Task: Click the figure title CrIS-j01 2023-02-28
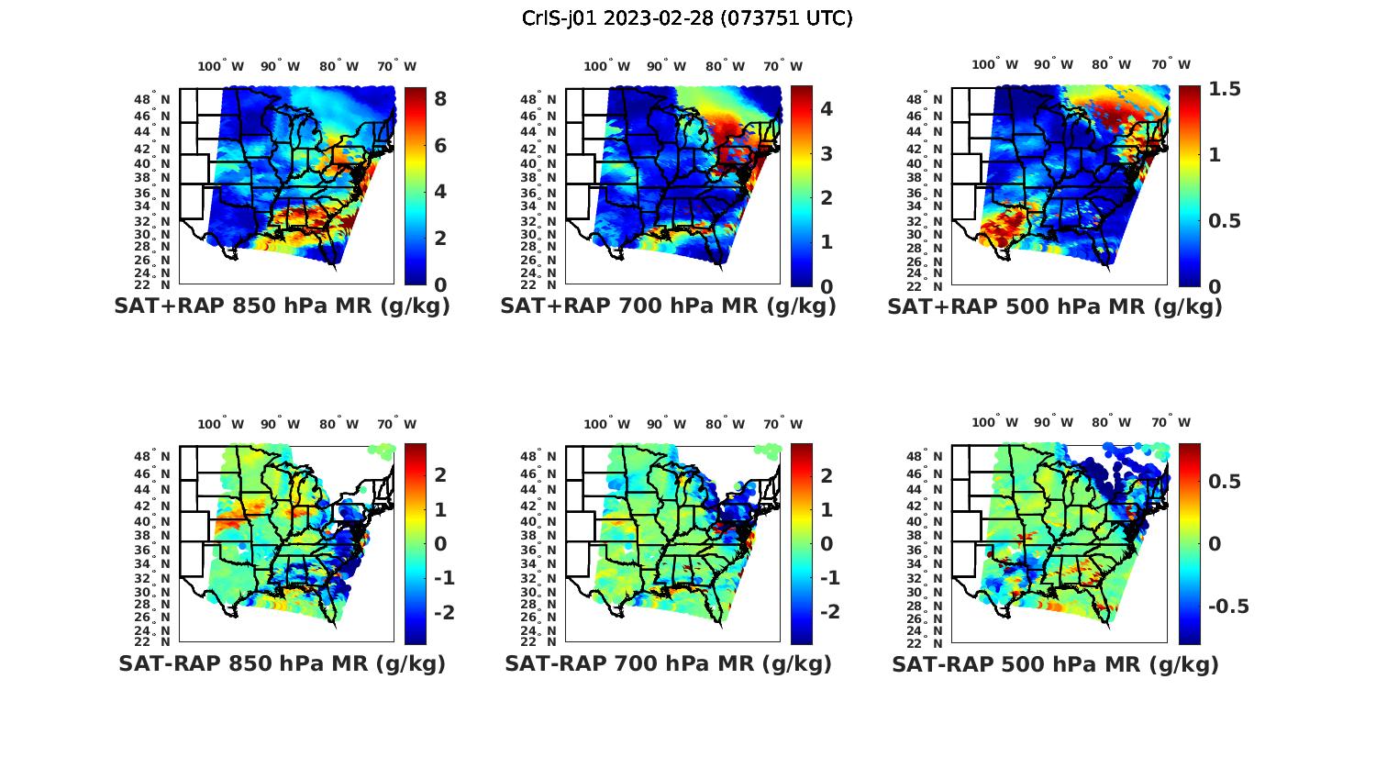pyautogui.click(x=687, y=18)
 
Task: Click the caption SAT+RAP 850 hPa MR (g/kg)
pyautogui.click(x=282, y=307)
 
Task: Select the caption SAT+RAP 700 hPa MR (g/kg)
pyautogui.click(x=668, y=307)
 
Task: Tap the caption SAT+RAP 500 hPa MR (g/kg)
pyautogui.click(x=1054, y=307)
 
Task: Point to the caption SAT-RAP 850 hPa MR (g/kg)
pyautogui.click(x=282, y=664)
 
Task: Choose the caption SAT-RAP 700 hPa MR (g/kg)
pyautogui.click(x=668, y=664)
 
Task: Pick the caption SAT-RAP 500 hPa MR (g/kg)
pyautogui.click(x=1054, y=664)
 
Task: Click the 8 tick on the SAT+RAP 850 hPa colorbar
pyautogui.click(x=440, y=98)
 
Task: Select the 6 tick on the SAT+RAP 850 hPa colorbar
pyautogui.click(x=440, y=145)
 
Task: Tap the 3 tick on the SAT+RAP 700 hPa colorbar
pyautogui.click(x=827, y=153)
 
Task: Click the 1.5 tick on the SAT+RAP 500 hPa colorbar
pyautogui.click(x=1225, y=89)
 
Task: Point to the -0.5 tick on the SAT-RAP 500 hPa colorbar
pyautogui.click(x=1228, y=607)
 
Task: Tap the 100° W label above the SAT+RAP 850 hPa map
pyautogui.click(x=221, y=66)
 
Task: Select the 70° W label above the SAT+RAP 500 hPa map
pyautogui.click(x=1171, y=64)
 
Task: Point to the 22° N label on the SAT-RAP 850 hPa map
pyautogui.click(x=153, y=640)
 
